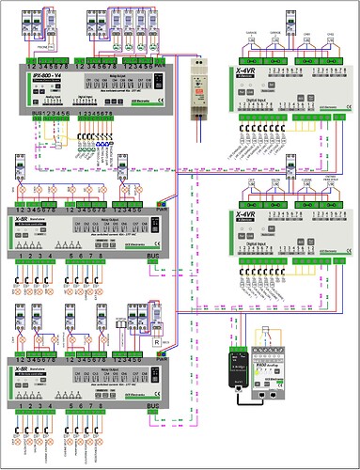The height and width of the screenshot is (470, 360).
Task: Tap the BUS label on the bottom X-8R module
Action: [x=155, y=406]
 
